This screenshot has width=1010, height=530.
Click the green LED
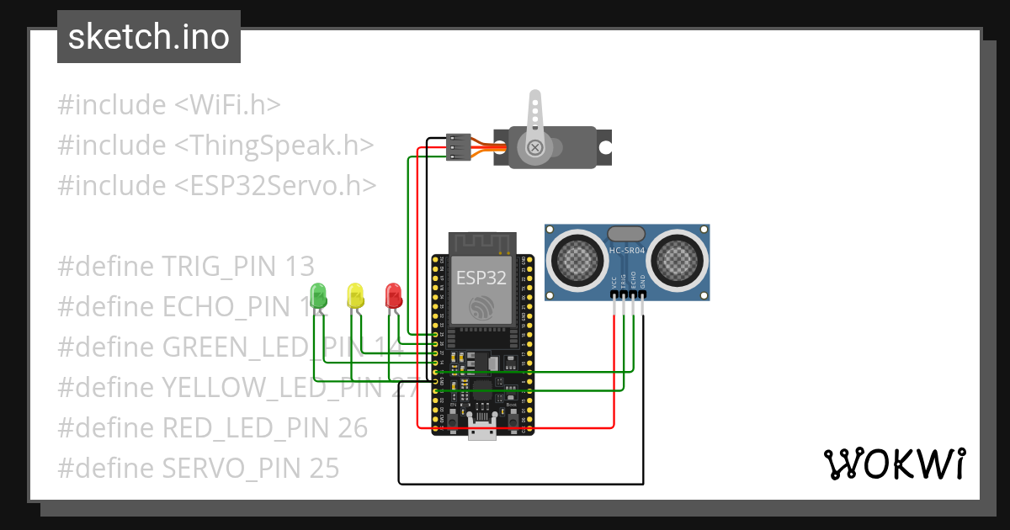[x=318, y=295]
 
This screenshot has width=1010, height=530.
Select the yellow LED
[x=355, y=295]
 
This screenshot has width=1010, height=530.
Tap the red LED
[x=393, y=295]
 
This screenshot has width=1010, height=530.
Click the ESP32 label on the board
[x=481, y=278]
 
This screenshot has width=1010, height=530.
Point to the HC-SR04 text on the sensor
[x=627, y=249]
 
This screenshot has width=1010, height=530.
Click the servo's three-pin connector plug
[x=459, y=146]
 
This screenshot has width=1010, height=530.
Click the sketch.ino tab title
[x=148, y=37]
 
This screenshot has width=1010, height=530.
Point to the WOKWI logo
[x=894, y=464]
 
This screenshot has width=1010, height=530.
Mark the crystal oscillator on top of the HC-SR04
[x=627, y=233]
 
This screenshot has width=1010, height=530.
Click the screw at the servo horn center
[x=534, y=148]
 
